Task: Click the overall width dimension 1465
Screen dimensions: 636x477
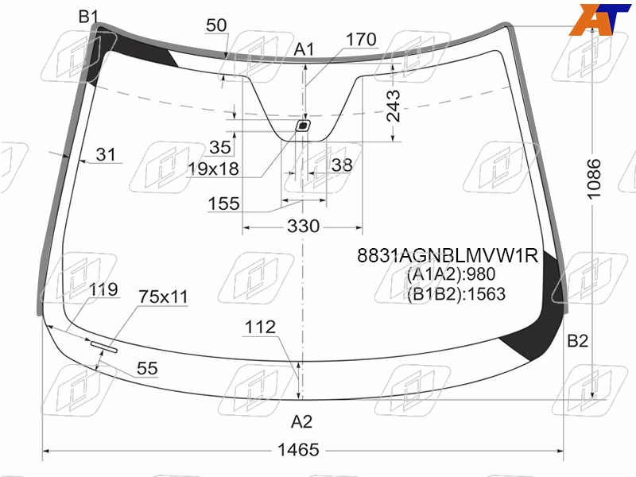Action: [x=298, y=450]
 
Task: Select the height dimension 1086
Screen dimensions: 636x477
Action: [x=593, y=179]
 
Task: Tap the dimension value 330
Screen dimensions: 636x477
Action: [x=304, y=226]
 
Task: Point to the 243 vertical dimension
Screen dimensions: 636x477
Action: [x=393, y=106]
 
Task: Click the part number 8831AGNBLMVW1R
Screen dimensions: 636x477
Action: [x=448, y=255]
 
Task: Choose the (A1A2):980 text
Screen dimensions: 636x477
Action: [x=451, y=274]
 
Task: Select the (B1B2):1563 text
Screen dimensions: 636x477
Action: [x=456, y=293]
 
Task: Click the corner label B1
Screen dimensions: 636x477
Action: [x=88, y=17]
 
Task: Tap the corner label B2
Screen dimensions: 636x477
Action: [x=578, y=341]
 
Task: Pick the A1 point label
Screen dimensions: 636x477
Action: [x=304, y=49]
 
